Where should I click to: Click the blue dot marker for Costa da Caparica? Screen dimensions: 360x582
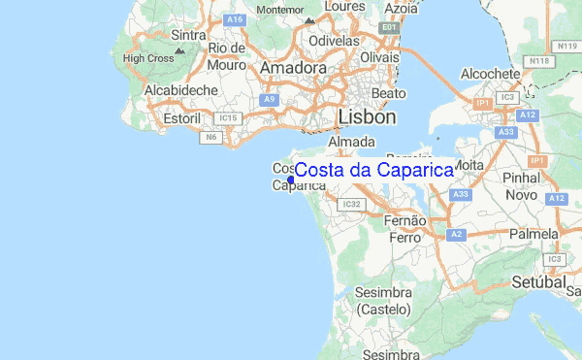(x=291, y=179)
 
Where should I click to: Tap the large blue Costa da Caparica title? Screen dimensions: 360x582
(x=373, y=170)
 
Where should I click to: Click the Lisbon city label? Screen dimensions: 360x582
(x=368, y=116)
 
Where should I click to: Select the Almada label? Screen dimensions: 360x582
(x=351, y=142)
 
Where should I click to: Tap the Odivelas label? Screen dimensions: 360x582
(x=334, y=42)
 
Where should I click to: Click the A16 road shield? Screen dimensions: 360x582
(x=233, y=19)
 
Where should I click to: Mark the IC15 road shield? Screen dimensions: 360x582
(x=229, y=118)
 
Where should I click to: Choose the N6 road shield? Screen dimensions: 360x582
(x=210, y=138)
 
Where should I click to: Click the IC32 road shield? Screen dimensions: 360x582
(x=351, y=204)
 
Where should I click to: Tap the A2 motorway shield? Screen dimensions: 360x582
(x=456, y=235)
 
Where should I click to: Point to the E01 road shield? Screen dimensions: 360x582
(x=389, y=28)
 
